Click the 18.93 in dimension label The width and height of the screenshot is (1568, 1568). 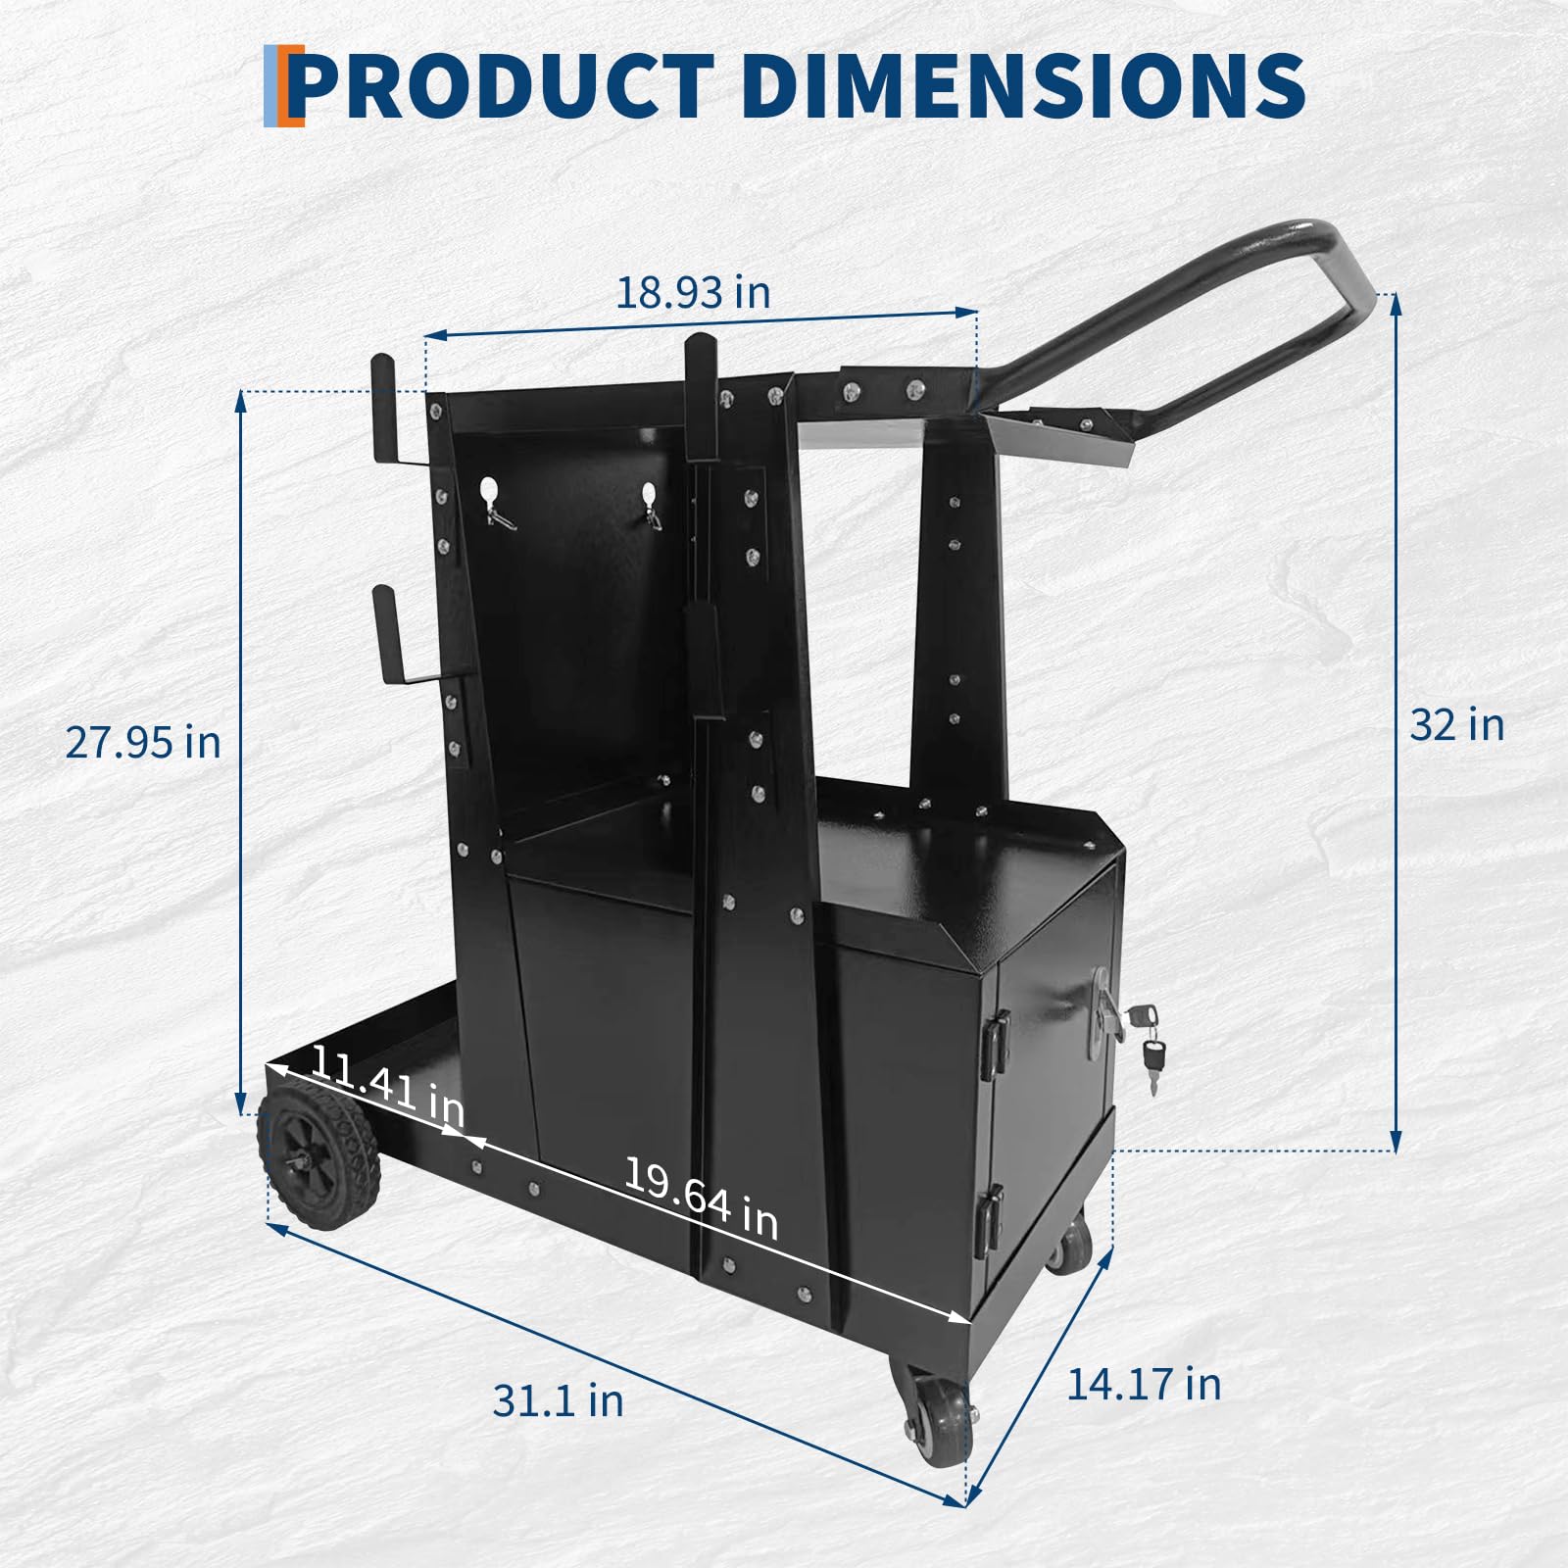(x=693, y=292)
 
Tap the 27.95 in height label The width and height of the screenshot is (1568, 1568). (x=143, y=742)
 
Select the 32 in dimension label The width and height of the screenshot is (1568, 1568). (x=1456, y=725)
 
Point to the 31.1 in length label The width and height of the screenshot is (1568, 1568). (x=558, y=1400)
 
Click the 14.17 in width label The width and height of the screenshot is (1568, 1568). (x=1144, y=1384)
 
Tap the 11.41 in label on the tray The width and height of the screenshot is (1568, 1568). (x=387, y=1087)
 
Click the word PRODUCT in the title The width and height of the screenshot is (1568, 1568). (x=502, y=84)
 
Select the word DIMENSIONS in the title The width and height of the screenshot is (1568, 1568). (x=1023, y=84)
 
